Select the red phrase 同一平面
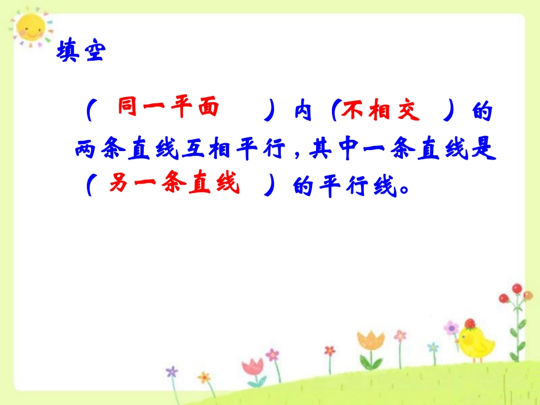(x=168, y=108)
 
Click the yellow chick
(x=475, y=343)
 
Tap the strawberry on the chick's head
(x=470, y=324)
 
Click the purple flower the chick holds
(x=451, y=328)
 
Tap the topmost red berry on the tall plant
(x=517, y=288)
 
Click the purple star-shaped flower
(x=172, y=371)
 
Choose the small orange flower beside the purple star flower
(x=203, y=377)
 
